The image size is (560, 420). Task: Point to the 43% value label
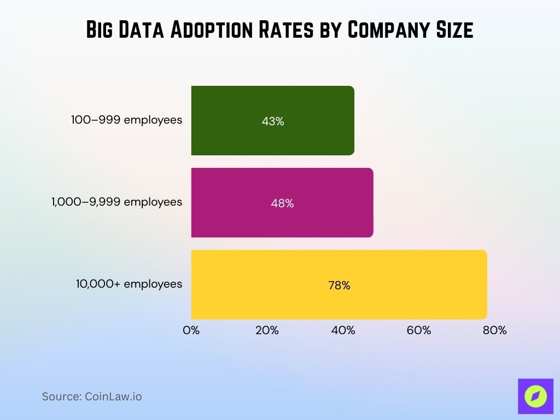(273, 121)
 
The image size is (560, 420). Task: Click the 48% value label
(282, 203)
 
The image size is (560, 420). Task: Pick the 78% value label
(339, 285)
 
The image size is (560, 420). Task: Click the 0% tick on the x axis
(191, 330)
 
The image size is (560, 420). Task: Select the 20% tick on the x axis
(267, 330)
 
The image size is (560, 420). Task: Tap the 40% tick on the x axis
(343, 330)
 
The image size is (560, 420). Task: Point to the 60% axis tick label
(419, 330)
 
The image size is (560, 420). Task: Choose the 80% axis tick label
(495, 330)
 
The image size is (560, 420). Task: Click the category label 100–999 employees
(127, 120)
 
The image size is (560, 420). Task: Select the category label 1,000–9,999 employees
(116, 202)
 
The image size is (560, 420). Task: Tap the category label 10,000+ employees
(129, 284)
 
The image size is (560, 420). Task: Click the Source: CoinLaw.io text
(92, 396)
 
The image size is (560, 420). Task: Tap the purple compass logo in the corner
(535, 396)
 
